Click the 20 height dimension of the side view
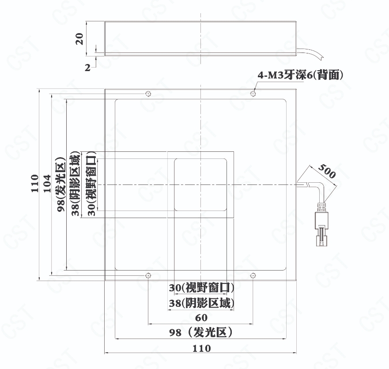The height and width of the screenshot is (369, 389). tap(79, 39)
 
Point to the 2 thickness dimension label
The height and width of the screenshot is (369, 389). tap(87, 68)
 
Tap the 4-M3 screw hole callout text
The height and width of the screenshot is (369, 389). tap(300, 75)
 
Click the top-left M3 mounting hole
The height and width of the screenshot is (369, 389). tap(148, 94)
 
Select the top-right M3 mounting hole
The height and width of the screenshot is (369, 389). tap(253, 94)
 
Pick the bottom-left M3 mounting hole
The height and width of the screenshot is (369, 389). tap(148, 275)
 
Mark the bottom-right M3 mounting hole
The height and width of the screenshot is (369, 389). tap(253, 275)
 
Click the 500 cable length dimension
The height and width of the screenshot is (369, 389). tap(327, 171)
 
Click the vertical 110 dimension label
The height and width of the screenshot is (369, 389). tap(35, 183)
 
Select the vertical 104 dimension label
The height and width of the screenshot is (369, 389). tap(47, 183)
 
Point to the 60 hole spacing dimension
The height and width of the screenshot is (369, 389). tap(201, 318)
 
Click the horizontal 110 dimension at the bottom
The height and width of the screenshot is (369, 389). tap(202, 348)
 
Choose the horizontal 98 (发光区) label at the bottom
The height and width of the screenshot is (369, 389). tap(201, 332)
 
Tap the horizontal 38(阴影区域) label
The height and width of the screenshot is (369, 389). tap(201, 303)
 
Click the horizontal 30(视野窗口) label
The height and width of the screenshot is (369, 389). tap(201, 288)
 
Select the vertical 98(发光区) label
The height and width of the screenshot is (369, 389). tap(61, 184)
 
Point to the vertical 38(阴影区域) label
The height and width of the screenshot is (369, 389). tap(76, 184)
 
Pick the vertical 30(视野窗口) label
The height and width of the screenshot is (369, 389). tap(91, 184)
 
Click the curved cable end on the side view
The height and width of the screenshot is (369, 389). tap(311, 53)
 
